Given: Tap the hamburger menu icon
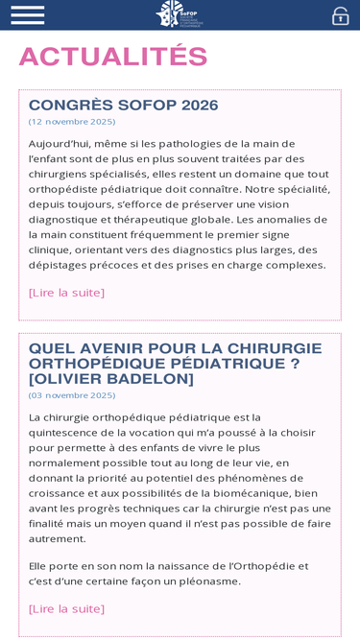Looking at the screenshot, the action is click(27, 14).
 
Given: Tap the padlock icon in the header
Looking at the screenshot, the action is click(340, 15).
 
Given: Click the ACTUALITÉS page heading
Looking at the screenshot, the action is click(113, 58).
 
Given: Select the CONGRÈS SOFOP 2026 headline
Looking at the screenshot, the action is click(123, 106).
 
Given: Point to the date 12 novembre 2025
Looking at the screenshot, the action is click(72, 122).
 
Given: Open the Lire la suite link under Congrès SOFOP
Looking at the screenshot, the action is click(66, 293).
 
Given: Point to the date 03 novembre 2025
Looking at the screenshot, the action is click(72, 395).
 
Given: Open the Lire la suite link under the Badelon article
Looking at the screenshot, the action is click(66, 608).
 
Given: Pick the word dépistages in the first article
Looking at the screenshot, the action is click(61, 265).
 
